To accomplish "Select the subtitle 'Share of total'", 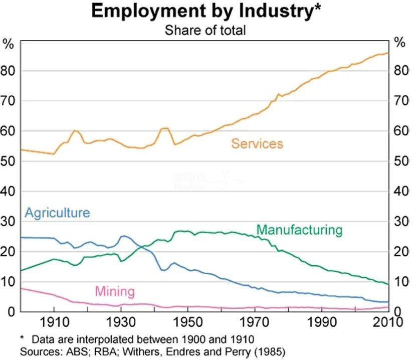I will coord(205,30).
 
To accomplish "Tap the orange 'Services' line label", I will coord(257,144).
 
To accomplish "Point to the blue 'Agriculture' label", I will coord(57,213).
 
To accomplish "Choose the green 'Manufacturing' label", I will coord(299,230).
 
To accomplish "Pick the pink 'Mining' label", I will coord(115,291).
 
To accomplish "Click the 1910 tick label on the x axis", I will coord(54,322).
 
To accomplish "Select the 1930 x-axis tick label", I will coord(121,322).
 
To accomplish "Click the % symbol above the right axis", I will coord(399,43).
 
